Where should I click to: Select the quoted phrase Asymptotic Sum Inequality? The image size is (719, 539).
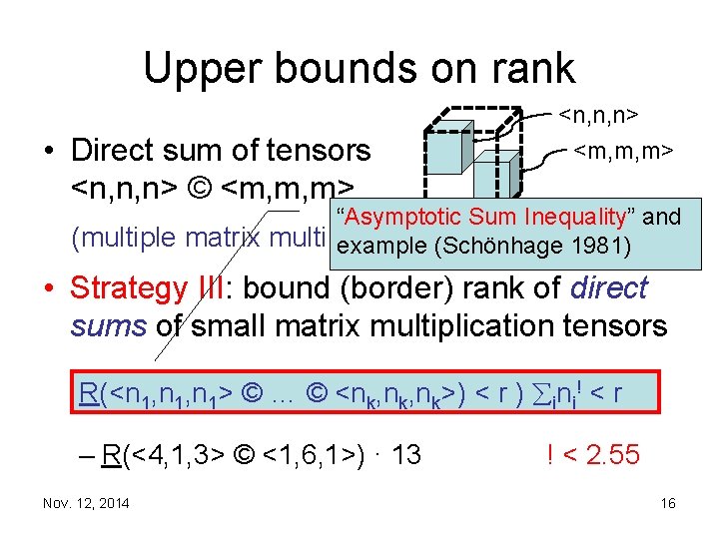tap(496, 217)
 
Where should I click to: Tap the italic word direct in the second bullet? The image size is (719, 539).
tap(609, 289)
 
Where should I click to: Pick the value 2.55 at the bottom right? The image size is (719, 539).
tap(610, 456)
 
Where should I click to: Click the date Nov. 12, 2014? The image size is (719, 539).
tap(85, 504)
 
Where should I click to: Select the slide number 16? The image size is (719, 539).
tap(668, 504)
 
